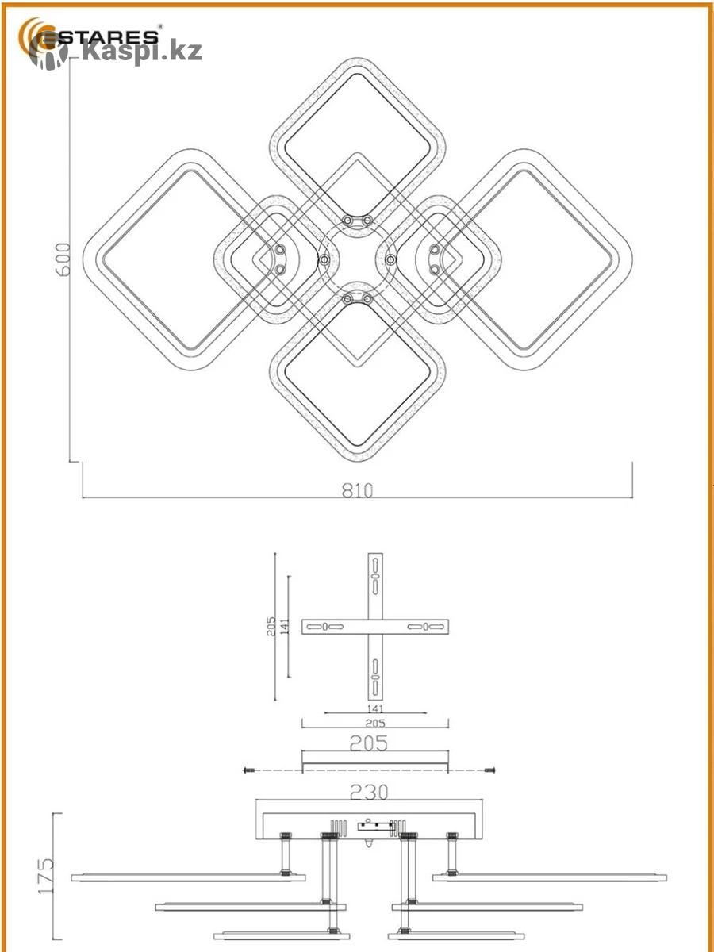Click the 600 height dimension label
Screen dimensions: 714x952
point(63,259)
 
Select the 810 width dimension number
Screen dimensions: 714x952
point(357,490)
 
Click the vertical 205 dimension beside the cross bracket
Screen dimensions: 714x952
point(271,626)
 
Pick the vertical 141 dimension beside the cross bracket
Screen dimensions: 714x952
point(284,626)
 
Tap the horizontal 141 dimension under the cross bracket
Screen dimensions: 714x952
point(375,709)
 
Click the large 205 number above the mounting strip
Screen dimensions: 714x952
point(369,743)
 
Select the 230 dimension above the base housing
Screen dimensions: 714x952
point(369,793)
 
